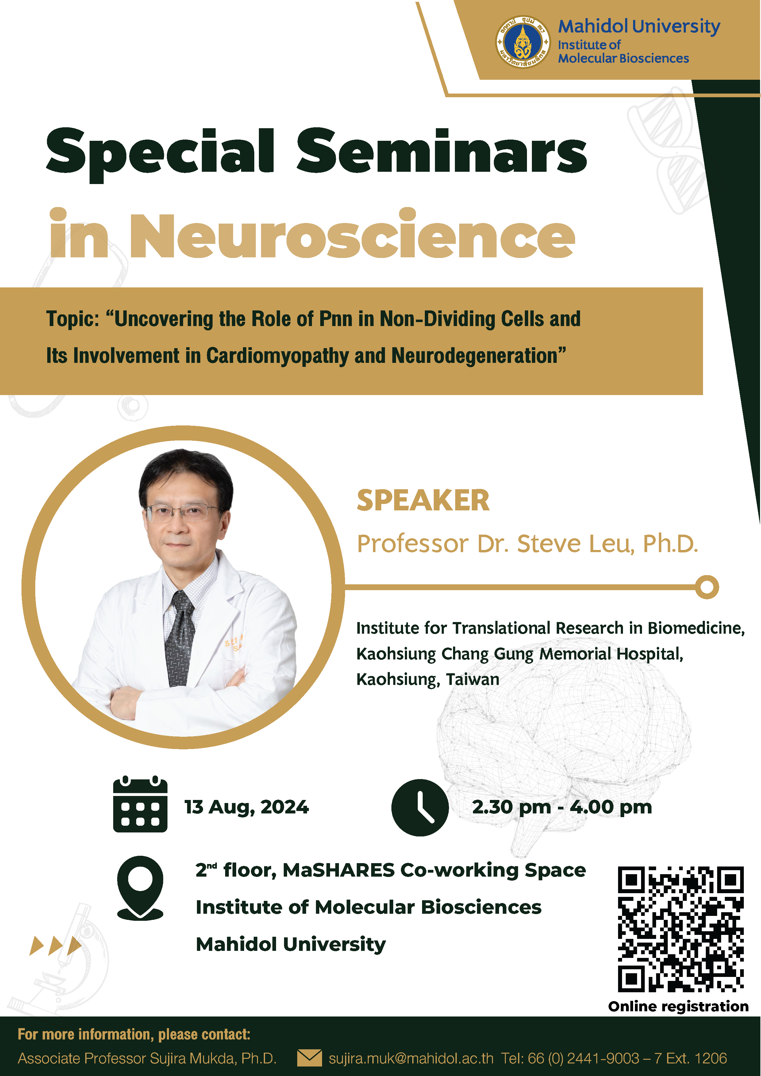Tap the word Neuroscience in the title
pos(352,235)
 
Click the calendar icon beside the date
pos(140,804)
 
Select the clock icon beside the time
pos(420,808)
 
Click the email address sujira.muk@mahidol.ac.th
pos(411,1058)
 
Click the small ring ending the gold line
pos(707,587)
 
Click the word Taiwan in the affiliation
pos(472,679)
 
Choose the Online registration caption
pos(678,1007)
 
